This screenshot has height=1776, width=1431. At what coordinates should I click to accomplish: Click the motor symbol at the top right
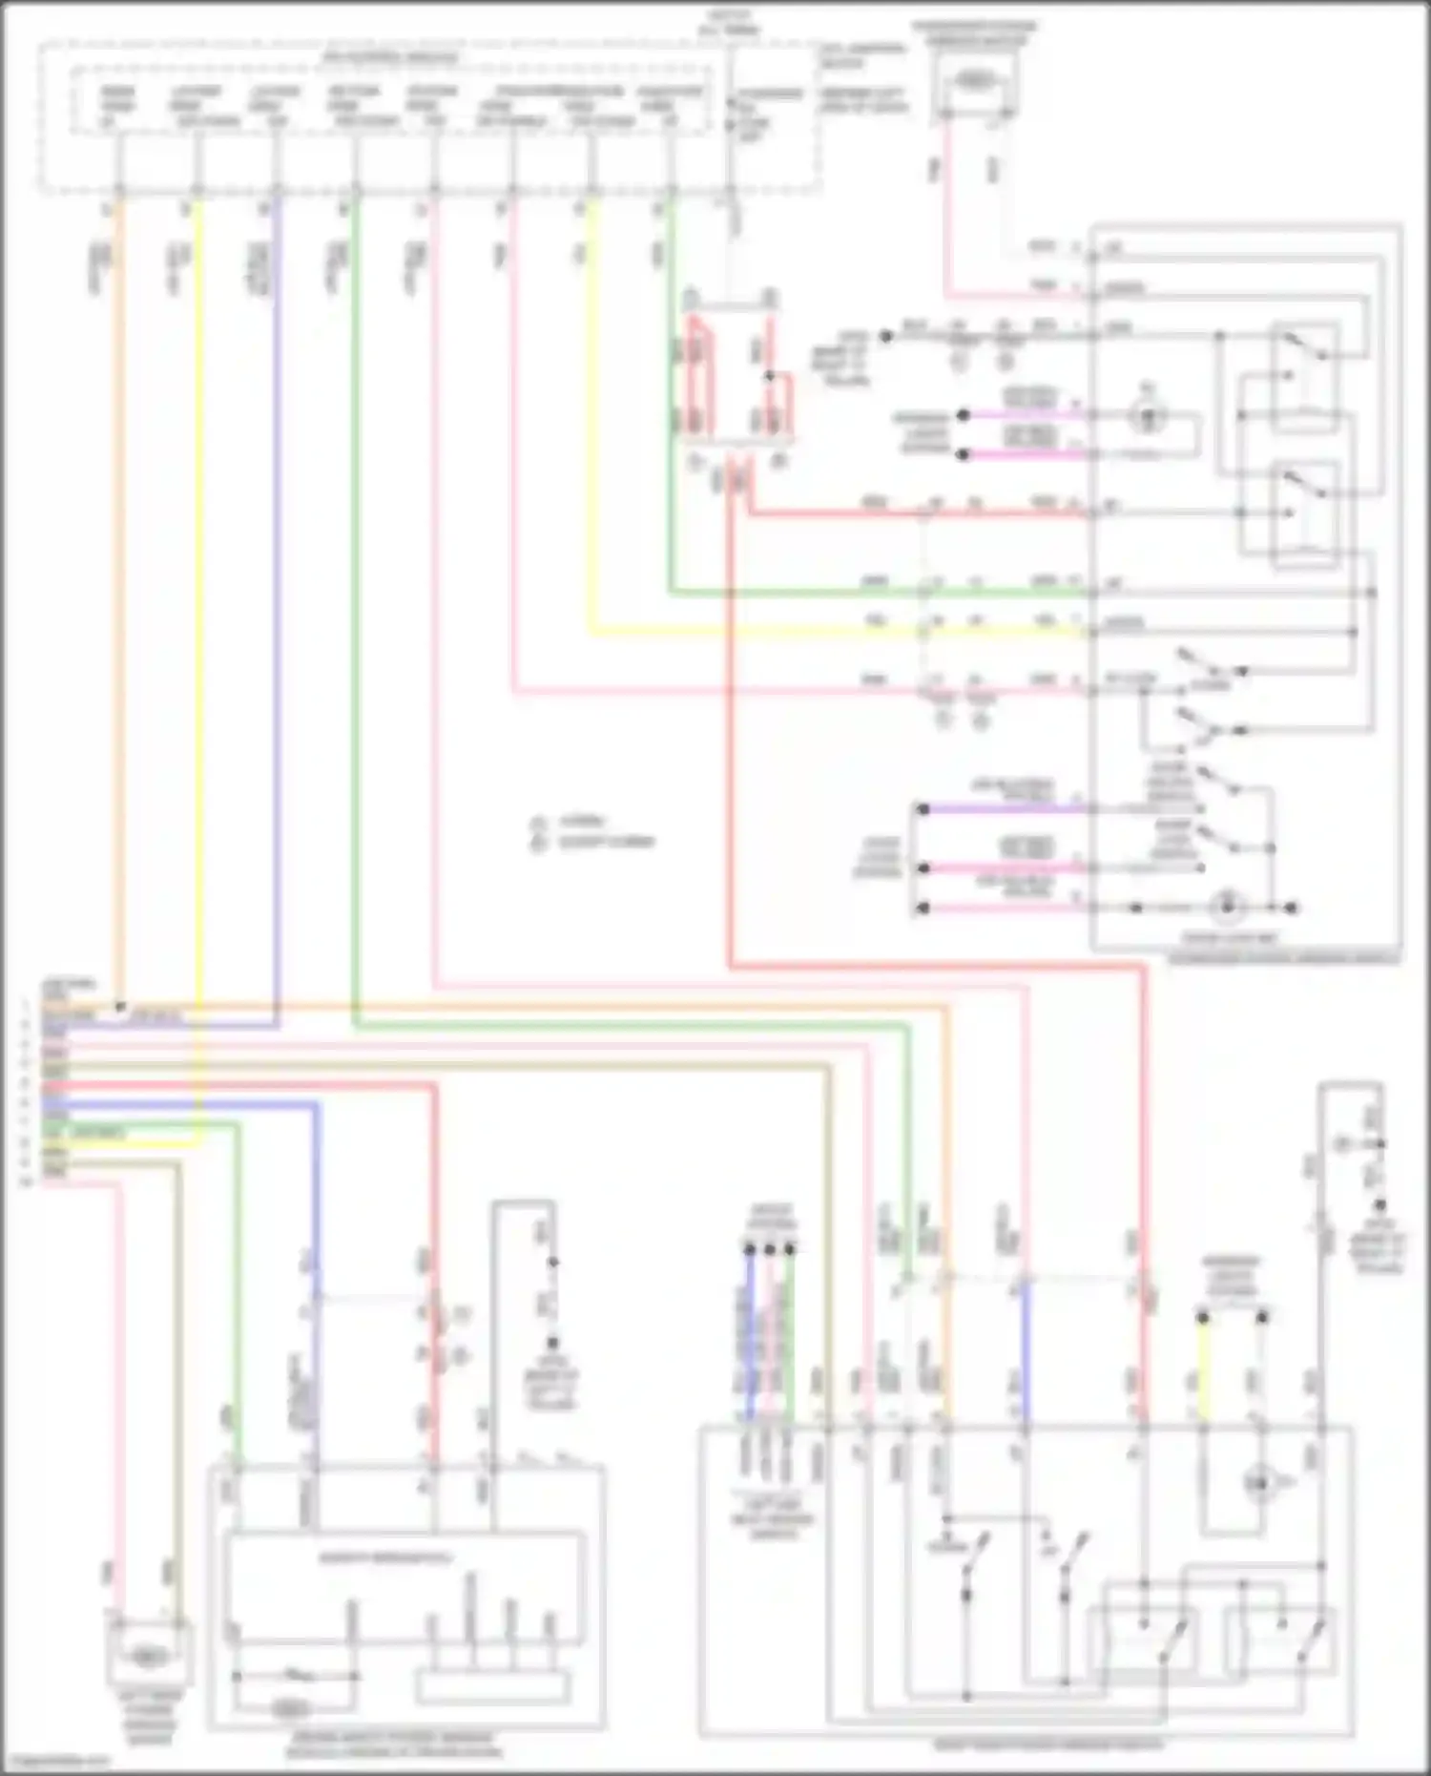coord(971,82)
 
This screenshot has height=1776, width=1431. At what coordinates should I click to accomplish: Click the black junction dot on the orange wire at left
coord(119,1007)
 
